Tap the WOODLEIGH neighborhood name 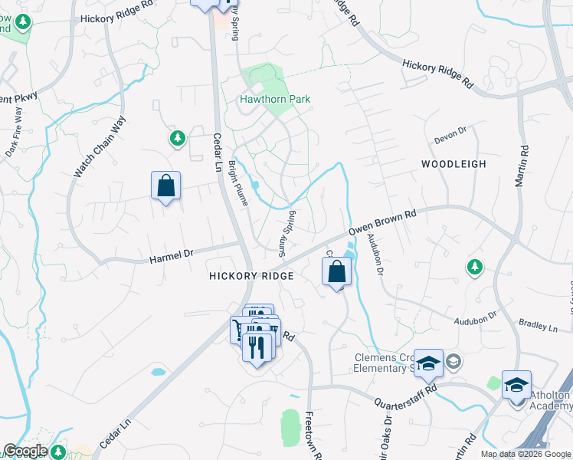pos(453,164)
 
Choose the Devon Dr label pos(450,134)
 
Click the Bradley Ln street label pos(538,326)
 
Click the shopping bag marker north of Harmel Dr pos(165,186)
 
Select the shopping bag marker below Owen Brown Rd pos(336,271)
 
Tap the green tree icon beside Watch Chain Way pos(178,138)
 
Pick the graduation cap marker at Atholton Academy pos(517,383)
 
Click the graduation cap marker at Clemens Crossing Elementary pos(429,362)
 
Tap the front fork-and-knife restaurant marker pos(257,347)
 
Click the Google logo pos(25,451)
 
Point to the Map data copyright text pos(526,454)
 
